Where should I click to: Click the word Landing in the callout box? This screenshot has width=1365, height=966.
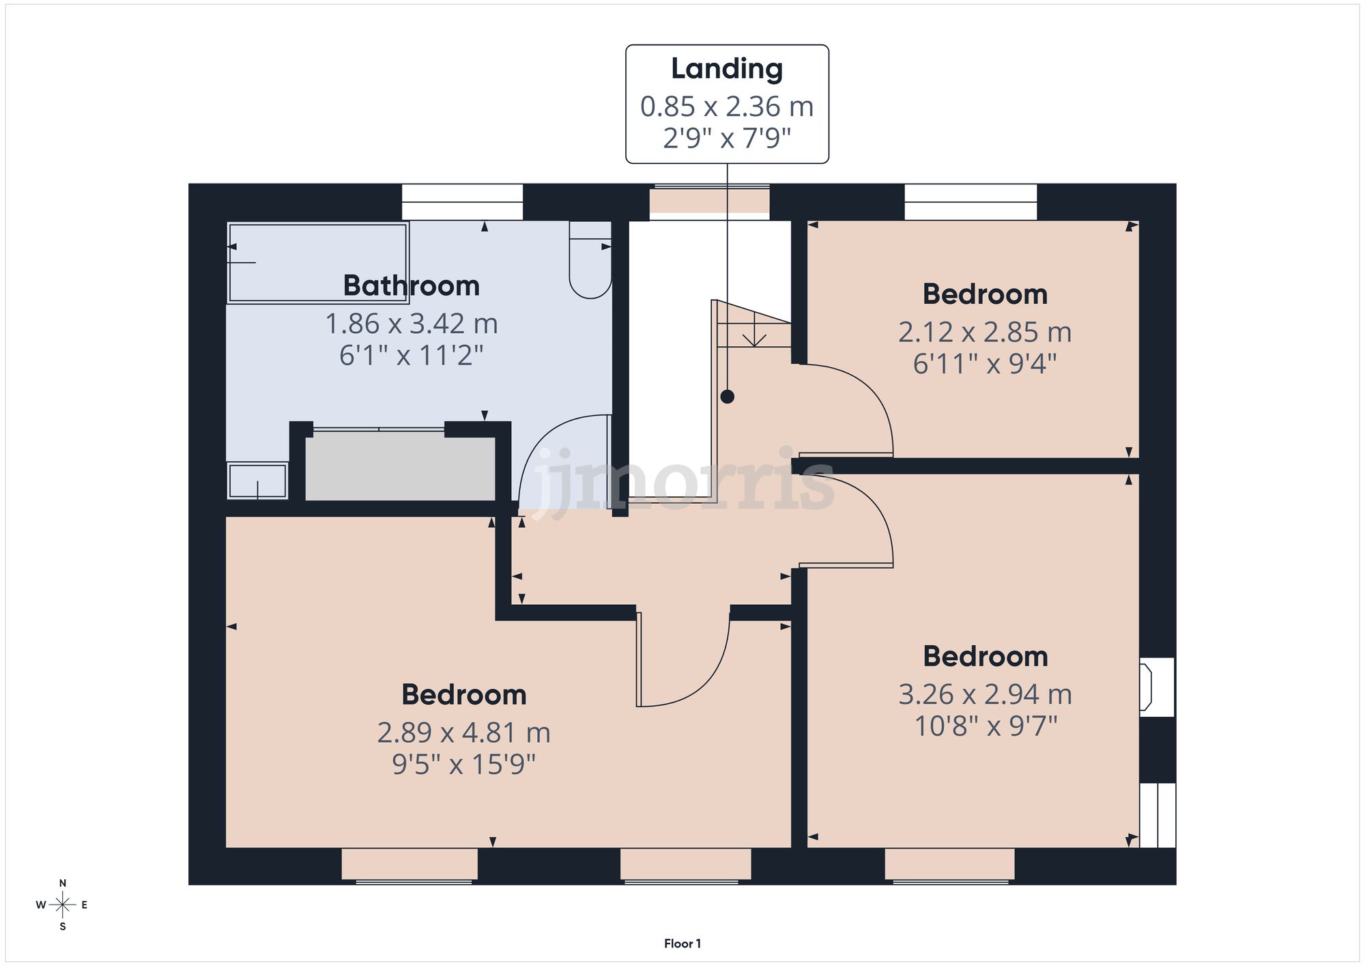coord(727,69)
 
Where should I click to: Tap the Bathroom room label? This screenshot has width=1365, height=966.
coord(411,285)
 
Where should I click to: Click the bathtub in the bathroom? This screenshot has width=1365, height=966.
coord(317,262)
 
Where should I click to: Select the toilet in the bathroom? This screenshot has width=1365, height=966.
coord(590,263)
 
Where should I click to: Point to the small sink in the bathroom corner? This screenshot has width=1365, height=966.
coord(257,481)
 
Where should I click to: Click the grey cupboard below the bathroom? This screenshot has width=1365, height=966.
coord(400,468)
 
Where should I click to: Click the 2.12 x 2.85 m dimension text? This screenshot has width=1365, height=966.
coord(984,332)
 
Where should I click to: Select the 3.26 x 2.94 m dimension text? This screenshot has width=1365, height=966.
coord(985,694)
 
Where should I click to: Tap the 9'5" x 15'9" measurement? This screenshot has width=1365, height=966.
coord(463,764)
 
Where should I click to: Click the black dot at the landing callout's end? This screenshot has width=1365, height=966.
coord(728,397)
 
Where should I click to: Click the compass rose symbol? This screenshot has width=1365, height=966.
coord(63,905)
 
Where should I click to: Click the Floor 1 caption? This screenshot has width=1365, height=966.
coord(682,943)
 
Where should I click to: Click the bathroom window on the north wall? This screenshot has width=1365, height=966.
coord(462,201)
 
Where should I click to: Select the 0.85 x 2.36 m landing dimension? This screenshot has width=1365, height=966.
coord(727,106)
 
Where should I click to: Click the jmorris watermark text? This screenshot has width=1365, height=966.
coord(682,481)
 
